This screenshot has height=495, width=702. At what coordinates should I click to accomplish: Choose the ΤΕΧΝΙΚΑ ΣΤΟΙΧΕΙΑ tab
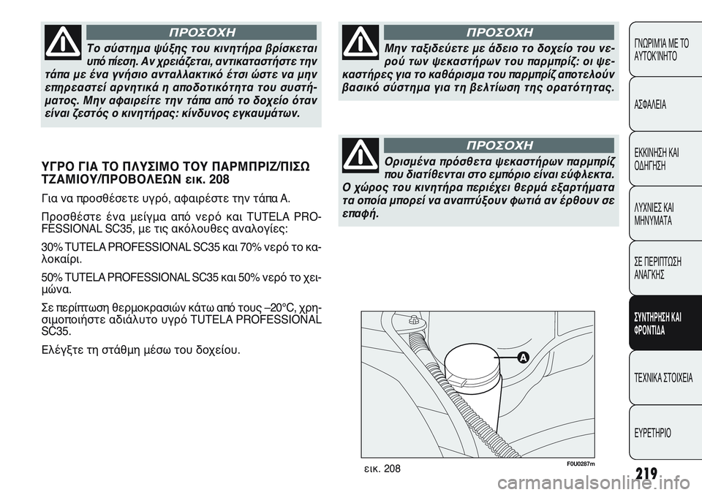click(662, 378)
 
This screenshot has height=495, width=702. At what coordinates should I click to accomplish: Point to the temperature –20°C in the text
click(262, 306)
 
